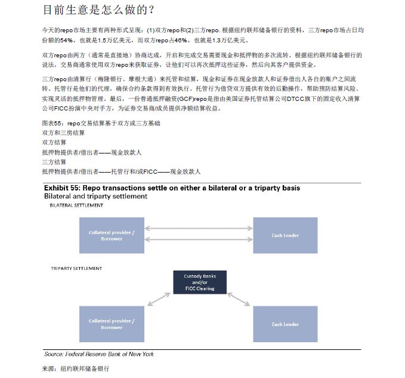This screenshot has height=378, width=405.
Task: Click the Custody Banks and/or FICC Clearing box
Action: (199, 282)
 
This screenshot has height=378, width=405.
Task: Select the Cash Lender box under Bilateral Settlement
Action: (285, 235)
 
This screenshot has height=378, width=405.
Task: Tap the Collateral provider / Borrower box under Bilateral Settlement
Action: (112, 235)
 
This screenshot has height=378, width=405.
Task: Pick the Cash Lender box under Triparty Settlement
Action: (285, 324)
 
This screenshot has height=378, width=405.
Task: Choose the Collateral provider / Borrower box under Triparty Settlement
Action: (112, 324)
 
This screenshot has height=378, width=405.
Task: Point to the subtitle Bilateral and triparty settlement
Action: (95, 196)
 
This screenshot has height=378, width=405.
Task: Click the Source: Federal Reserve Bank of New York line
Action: (98, 354)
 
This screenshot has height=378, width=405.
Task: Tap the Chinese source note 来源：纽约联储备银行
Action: (75, 369)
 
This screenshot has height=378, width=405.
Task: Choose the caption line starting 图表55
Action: (101, 123)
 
